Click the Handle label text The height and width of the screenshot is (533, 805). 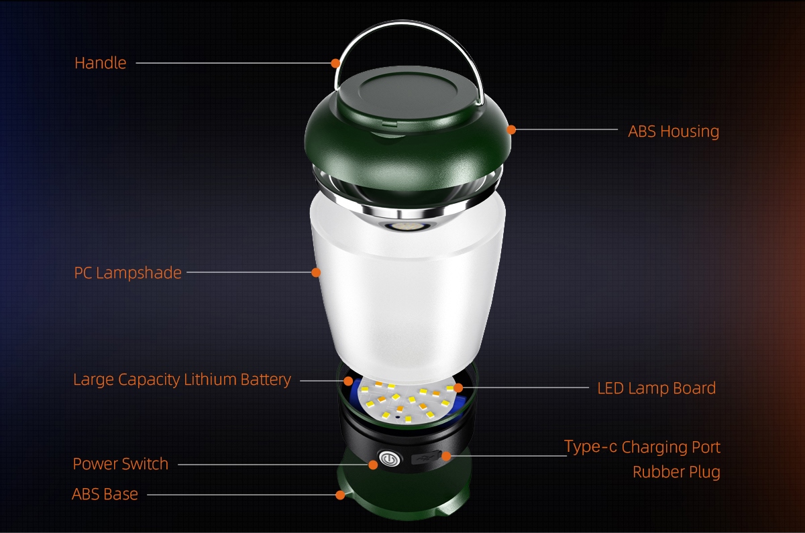click(x=100, y=63)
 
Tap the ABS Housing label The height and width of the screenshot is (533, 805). click(x=674, y=131)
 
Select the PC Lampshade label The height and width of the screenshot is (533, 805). click(x=127, y=273)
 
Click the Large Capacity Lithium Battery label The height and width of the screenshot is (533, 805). click(x=182, y=379)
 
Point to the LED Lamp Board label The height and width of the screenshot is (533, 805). click(x=657, y=388)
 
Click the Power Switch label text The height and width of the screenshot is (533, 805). click(x=120, y=464)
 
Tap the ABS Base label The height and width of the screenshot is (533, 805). click(x=105, y=494)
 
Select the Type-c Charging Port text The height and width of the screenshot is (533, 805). click(x=642, y=447)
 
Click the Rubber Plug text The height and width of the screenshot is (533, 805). click(x=676, y=472)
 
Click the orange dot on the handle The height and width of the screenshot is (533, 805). click(x=335, y=63)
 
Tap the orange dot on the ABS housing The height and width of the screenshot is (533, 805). click(x=511, y=129)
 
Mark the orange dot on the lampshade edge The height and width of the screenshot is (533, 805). click(x=316, y=273)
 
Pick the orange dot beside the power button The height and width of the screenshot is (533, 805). click(x=373, y=465)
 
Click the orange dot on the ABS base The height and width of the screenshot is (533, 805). click(x=340, y=495)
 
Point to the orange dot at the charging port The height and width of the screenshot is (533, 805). click(x=446, y=456)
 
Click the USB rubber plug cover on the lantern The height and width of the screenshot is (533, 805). click(x=425, y=458)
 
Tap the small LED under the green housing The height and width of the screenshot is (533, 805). click(x=408, y=227)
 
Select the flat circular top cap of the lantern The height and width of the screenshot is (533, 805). click(x=408, y=93)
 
